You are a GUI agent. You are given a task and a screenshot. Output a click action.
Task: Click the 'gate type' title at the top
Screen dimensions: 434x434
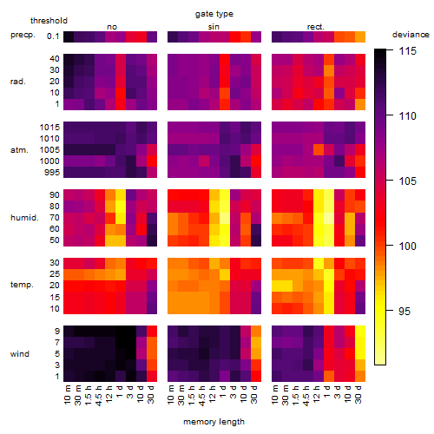tap(214, 14)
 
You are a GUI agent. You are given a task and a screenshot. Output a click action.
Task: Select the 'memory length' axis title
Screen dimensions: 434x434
tap(214, 422)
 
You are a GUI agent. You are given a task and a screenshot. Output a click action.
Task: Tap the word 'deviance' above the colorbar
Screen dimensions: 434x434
tap(411, 35)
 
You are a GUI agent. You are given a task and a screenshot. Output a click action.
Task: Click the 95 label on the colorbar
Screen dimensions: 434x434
tap(404, 312)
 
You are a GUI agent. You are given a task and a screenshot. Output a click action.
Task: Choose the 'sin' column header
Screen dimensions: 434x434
tap(214, 27)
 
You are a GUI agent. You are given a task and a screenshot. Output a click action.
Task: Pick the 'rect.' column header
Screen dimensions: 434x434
tap(315, 27)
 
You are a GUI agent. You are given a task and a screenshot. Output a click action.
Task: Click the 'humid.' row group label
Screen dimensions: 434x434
tap(24, 218)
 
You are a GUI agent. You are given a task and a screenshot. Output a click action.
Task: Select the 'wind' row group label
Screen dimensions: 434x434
tap(20, 354)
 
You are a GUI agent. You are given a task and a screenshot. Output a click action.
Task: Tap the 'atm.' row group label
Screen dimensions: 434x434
tap(19, 150)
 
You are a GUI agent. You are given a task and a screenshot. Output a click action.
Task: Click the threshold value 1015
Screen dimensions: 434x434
tap(49, 128)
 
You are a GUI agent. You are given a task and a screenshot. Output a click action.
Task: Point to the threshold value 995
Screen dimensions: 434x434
tap(52, 173)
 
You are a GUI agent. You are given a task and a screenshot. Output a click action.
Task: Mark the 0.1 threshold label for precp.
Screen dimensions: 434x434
tap(53, 36)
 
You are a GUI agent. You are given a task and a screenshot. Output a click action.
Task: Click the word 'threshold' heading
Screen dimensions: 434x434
tap(49, 21)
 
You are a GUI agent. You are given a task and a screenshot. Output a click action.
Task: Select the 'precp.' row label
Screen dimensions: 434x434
tap(23, 35)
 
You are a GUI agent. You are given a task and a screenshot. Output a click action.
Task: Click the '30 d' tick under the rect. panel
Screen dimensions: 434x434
tap(358, 394)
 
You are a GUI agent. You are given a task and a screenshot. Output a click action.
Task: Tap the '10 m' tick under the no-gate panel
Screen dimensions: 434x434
tap(67, 394)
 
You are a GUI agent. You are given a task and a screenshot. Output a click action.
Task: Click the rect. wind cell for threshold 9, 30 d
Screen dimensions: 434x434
tap(360, 332)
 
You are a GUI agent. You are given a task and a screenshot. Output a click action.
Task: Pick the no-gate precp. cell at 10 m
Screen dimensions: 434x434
tap(69, 36)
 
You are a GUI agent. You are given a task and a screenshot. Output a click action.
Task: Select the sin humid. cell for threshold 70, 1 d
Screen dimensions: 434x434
tap(225, 218)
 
